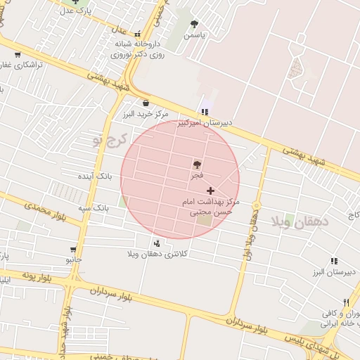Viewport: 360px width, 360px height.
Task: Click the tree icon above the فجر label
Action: tap(196, 165)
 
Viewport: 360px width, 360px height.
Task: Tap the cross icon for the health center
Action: tap(210, 191)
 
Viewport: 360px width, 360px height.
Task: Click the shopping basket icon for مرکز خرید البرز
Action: tap(146, 103)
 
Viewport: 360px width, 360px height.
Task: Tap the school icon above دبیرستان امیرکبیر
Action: tap(205, 112)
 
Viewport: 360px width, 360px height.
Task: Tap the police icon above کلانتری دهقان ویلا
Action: tap(155, 243)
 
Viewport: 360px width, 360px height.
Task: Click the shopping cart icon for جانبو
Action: tap(73, 250)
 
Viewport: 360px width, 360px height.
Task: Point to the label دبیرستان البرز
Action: tap(335, 271)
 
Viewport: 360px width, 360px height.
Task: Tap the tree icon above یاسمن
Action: tap(194, 24)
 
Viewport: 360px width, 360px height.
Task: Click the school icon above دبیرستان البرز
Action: tap(334, 261)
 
